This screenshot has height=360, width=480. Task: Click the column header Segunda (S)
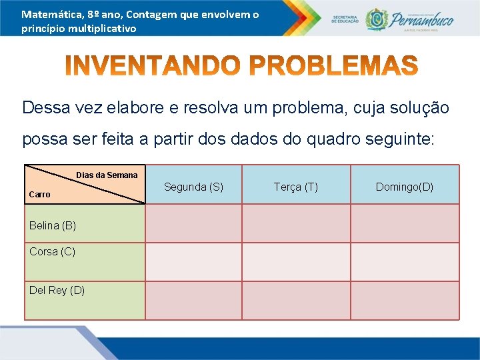coord(193,187)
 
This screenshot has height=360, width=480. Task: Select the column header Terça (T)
coord(296,187)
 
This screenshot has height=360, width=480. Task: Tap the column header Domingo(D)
coord(405,187)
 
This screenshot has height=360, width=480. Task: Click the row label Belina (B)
coord(53,225)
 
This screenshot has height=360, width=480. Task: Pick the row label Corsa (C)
coord(52,251)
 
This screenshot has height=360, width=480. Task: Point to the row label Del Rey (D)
coord(57,290)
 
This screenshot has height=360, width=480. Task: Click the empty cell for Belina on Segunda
coord(193,223)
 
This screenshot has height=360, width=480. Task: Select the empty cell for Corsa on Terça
coord(296,261)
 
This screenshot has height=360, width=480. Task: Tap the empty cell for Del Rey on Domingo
coord(405,300)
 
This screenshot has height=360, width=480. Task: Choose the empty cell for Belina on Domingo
coord(405,223)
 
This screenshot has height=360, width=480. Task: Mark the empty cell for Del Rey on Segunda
coord(193,300)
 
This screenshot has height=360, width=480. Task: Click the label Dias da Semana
coord(107,175)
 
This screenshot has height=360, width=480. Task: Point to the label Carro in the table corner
coord(39,194)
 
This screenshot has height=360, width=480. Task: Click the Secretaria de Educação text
coord(345,19)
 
